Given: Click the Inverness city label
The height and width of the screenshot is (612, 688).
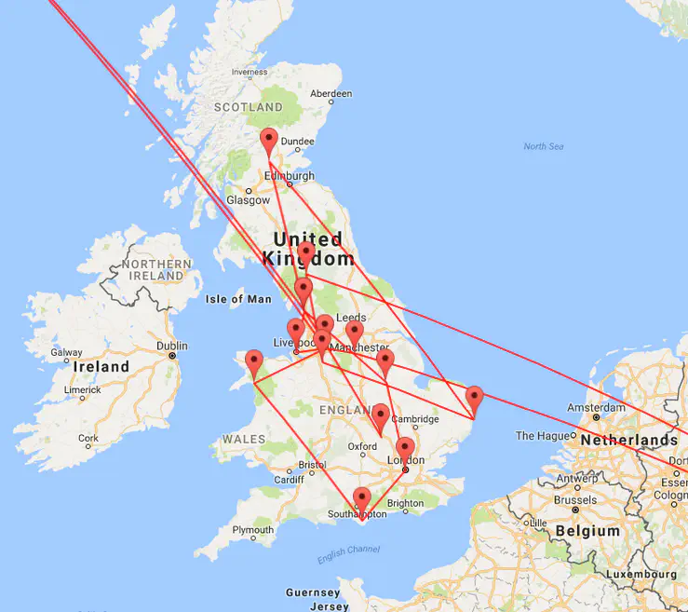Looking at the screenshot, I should coord(250,72).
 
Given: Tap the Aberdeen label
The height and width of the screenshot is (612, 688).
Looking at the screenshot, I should coord(331,94).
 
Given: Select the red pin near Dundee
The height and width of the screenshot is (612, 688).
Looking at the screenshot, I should coord(269,142).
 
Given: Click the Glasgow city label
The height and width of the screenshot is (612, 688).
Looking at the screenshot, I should coord(248,200).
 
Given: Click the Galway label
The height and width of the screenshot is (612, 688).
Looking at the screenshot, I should coord(67,353).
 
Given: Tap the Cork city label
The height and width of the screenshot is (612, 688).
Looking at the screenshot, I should coord(88,438).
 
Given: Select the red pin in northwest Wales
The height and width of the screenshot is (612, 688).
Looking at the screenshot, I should coord(253,363).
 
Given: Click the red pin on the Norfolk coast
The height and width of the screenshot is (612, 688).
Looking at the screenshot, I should coord(474,399).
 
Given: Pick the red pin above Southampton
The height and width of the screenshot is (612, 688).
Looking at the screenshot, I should coord(362,499).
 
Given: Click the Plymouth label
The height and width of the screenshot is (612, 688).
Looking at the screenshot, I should coord(253,530).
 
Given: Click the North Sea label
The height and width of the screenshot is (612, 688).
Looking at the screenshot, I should coord(544,147).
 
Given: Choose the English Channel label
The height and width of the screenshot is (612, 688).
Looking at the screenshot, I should coord(349,551).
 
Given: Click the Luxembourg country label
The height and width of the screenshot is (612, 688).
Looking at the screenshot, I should coord(641,575).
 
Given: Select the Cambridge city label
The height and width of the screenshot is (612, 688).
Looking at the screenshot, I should coord(415,418).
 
